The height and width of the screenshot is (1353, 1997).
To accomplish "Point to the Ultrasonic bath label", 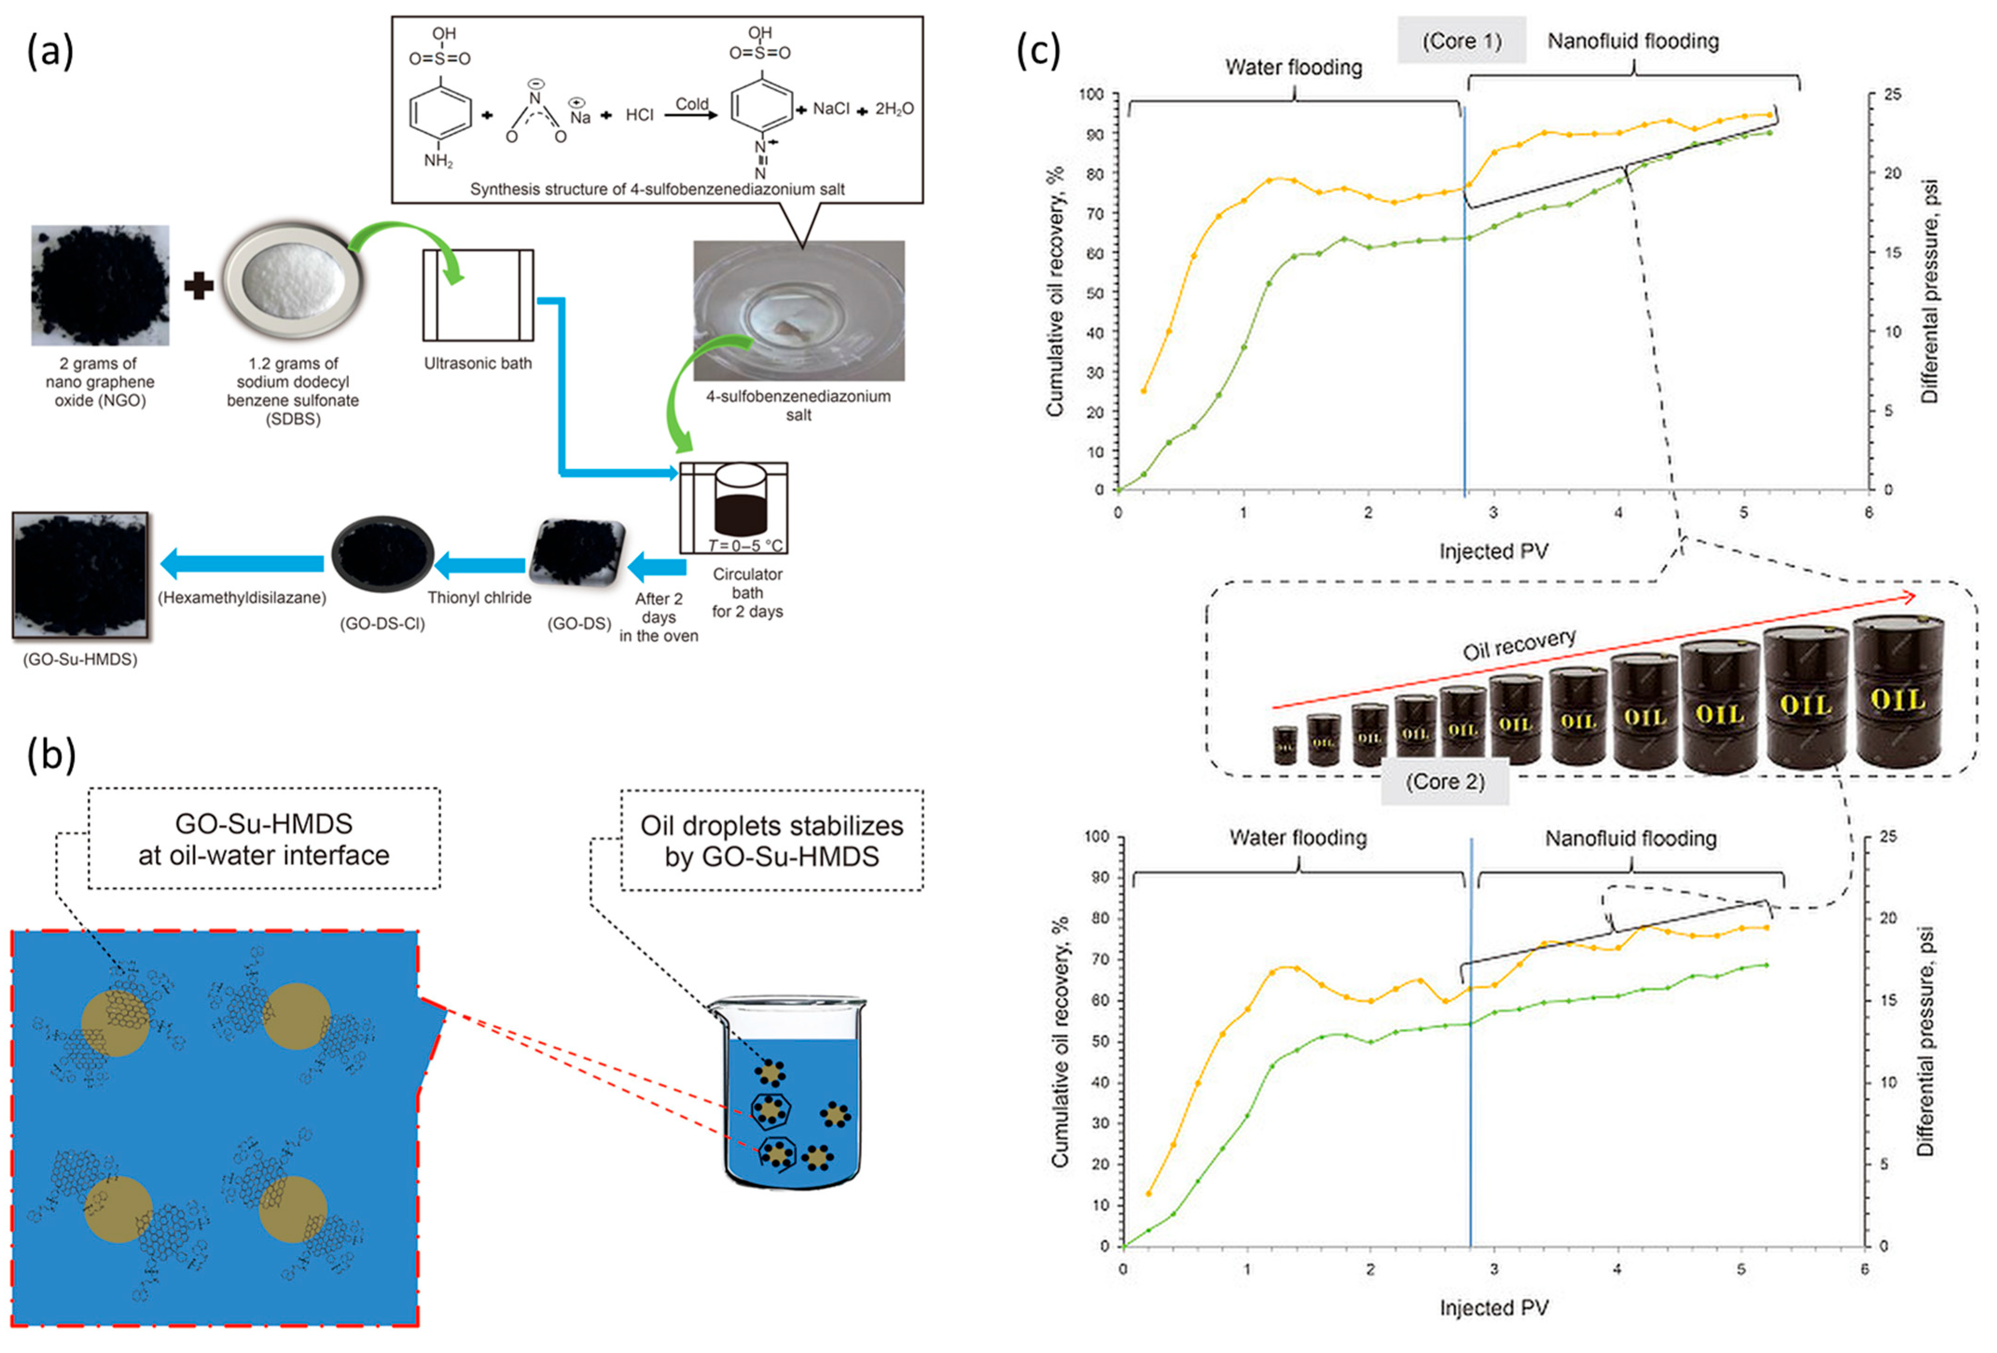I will [x=478, y=363].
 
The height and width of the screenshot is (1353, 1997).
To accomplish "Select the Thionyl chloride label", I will [x=479, y=598].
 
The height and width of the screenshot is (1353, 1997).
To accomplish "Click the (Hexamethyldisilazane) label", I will [x=242, y=598].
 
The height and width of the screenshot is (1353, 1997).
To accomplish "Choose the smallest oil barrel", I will [x=1285, y=745].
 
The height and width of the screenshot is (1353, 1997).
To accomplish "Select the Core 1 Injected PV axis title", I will [x=1493, y=552].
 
